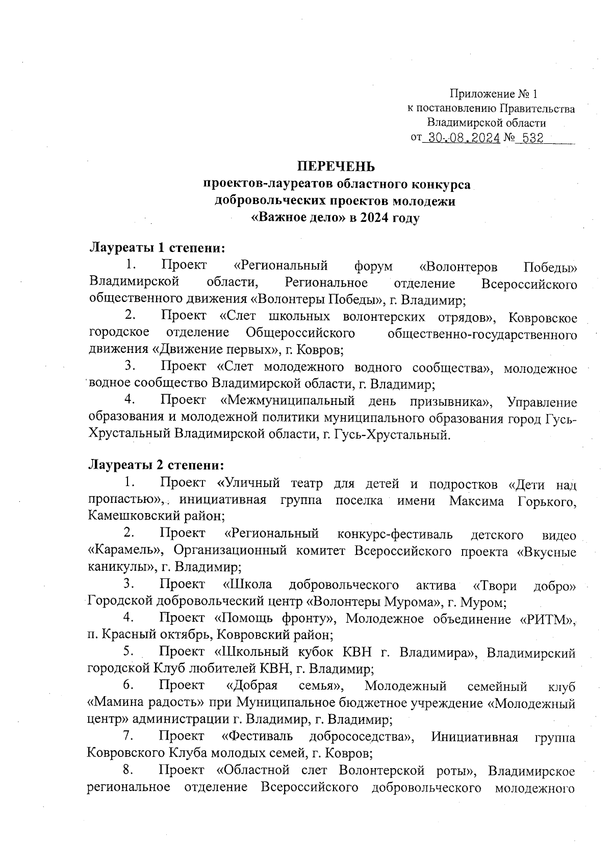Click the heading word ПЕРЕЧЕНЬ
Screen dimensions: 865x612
click(x=336, y=167)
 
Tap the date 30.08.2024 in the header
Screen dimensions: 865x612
click(x=463, y=138)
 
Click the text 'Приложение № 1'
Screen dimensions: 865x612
click(x=493, y=94)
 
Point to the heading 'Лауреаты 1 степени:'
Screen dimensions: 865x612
click(x=157, y=248)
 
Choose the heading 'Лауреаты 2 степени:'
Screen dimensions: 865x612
click(x=156, y=465)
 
